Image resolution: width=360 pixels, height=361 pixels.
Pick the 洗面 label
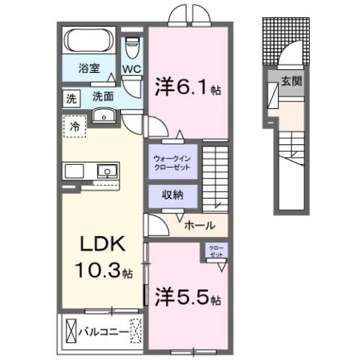102,97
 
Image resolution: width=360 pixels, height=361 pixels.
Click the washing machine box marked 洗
70,97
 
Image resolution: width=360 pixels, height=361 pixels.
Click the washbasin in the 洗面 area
104,115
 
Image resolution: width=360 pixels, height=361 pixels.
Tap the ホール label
199,225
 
